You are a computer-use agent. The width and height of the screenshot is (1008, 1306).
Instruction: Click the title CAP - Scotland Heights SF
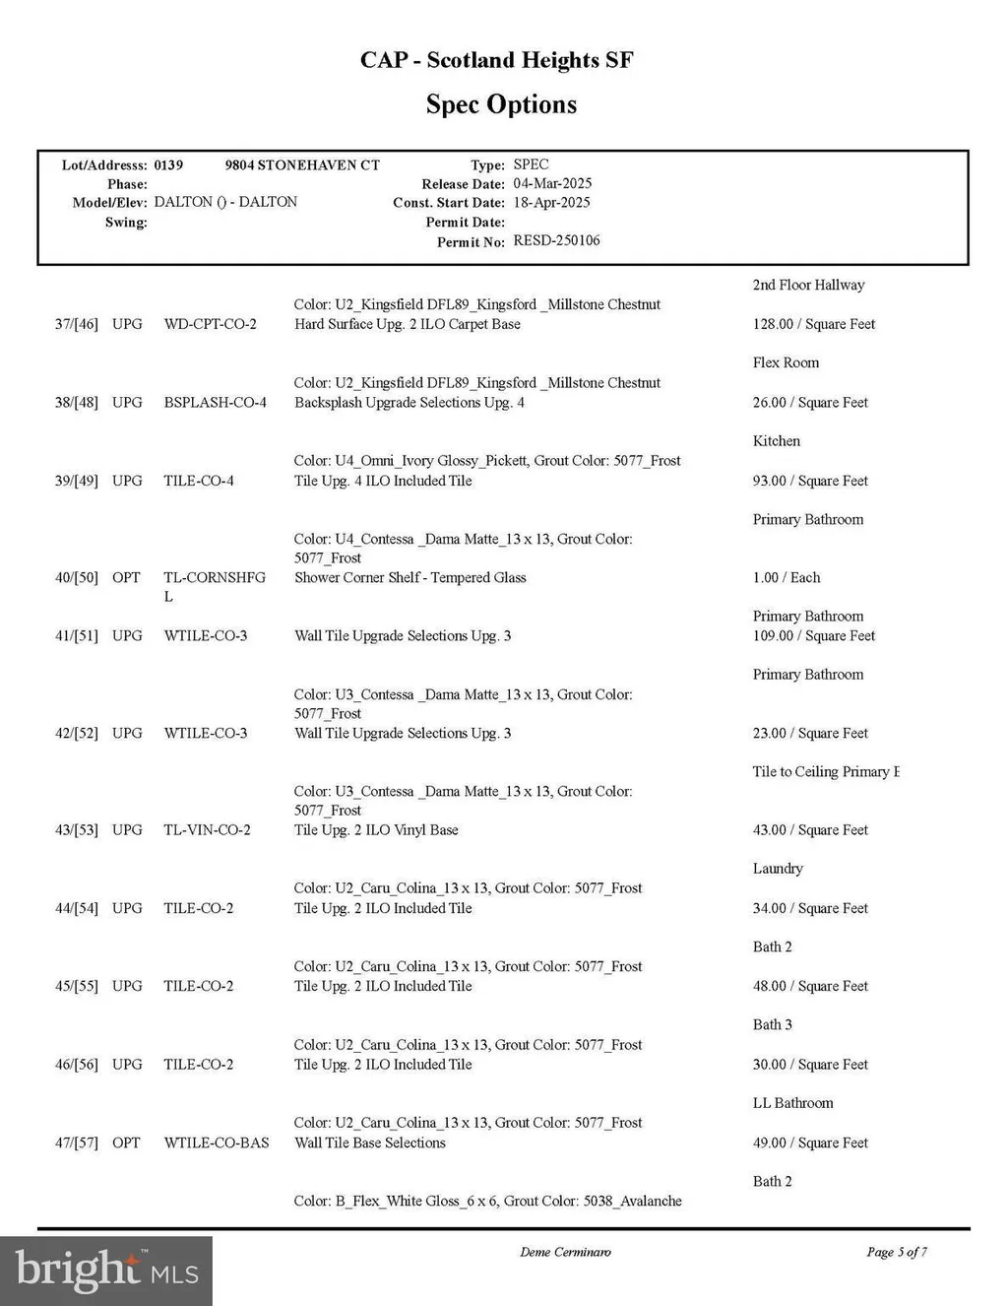[x=496, y=60]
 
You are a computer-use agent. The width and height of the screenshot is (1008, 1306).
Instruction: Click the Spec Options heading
[x=501, y=104]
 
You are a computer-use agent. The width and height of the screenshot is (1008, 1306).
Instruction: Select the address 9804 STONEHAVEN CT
[x=302, y=164]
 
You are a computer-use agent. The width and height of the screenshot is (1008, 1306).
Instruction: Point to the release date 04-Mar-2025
[x=552, y=183]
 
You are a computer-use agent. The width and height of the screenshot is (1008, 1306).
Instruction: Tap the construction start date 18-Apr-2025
[x=551, y=202]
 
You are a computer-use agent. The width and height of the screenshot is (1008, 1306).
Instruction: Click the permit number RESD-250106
[x=556, y=240]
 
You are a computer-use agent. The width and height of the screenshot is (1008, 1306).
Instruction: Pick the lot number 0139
[x=168, y=164]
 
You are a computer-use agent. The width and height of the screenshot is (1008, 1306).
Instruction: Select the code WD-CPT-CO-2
[x=210, y=324]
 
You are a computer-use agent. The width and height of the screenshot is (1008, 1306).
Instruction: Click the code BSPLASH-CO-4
[x=215, y=403]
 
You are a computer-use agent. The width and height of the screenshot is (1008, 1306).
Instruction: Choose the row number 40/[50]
[x=77, y=577]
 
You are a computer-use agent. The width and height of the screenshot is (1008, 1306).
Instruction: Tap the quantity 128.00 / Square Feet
[x=813, y=324]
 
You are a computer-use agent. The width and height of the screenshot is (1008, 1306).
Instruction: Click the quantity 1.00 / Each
[x=786, y=577]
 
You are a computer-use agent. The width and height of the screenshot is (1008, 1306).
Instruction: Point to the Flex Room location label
[x=786, y=362]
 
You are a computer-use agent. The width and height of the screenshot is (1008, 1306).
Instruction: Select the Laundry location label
[x=778, y=869]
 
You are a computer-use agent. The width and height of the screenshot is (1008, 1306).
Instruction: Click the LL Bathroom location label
[x=792, y=1103]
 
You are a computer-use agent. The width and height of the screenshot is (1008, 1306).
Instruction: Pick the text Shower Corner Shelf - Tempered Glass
[x=409, y=577]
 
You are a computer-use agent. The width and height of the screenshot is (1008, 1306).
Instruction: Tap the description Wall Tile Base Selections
[x=369, y=1143]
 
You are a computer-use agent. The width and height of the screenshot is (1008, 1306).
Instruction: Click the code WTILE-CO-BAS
[x=216, y=1143]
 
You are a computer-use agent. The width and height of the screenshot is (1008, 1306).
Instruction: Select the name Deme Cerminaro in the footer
[x=565, y=1252]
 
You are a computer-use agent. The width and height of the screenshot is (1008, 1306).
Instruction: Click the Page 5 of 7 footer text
[x=896, y=1252]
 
